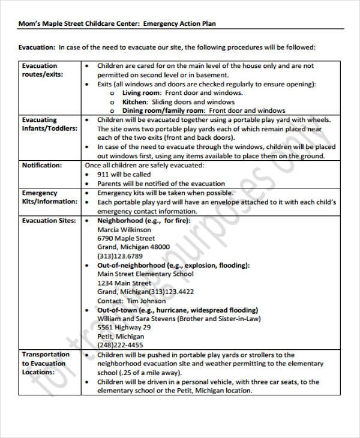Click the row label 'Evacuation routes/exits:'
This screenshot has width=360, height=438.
41,70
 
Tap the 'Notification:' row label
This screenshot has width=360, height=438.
41,165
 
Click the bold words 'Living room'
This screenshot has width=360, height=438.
141,93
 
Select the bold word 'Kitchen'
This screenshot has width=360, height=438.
134,102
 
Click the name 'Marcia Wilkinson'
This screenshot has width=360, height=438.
124,229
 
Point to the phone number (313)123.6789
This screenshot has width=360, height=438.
121,256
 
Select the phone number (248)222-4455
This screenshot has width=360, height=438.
120,346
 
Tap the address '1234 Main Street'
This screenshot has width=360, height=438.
124,283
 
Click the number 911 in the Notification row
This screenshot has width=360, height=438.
103,175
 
